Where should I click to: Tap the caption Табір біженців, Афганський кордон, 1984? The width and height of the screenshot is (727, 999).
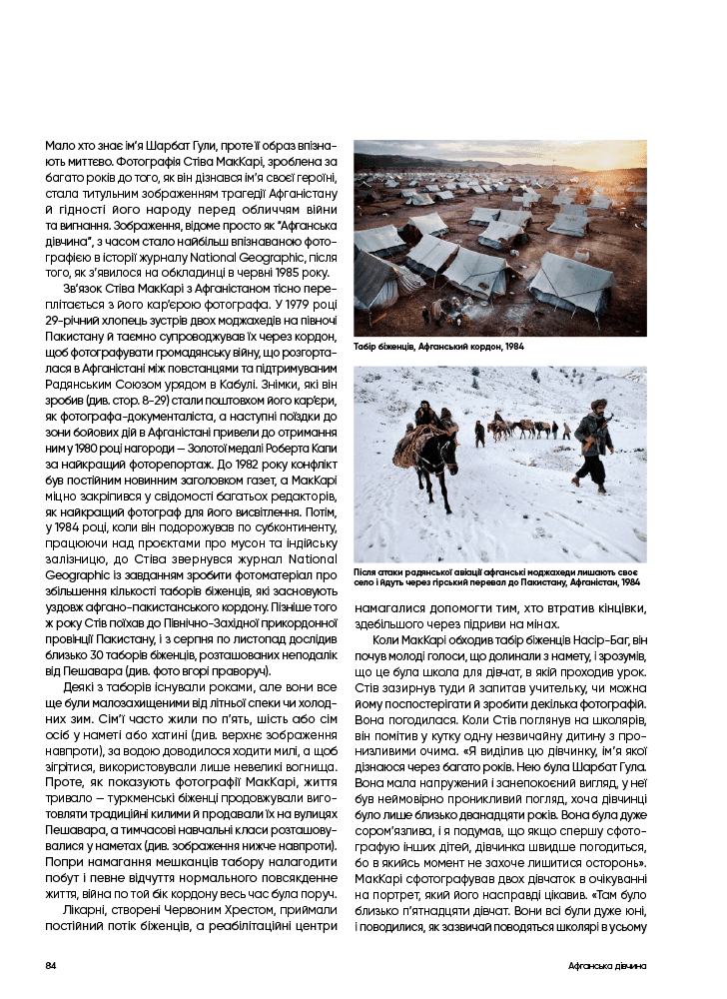pyautogui.click(x=438, y=347)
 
